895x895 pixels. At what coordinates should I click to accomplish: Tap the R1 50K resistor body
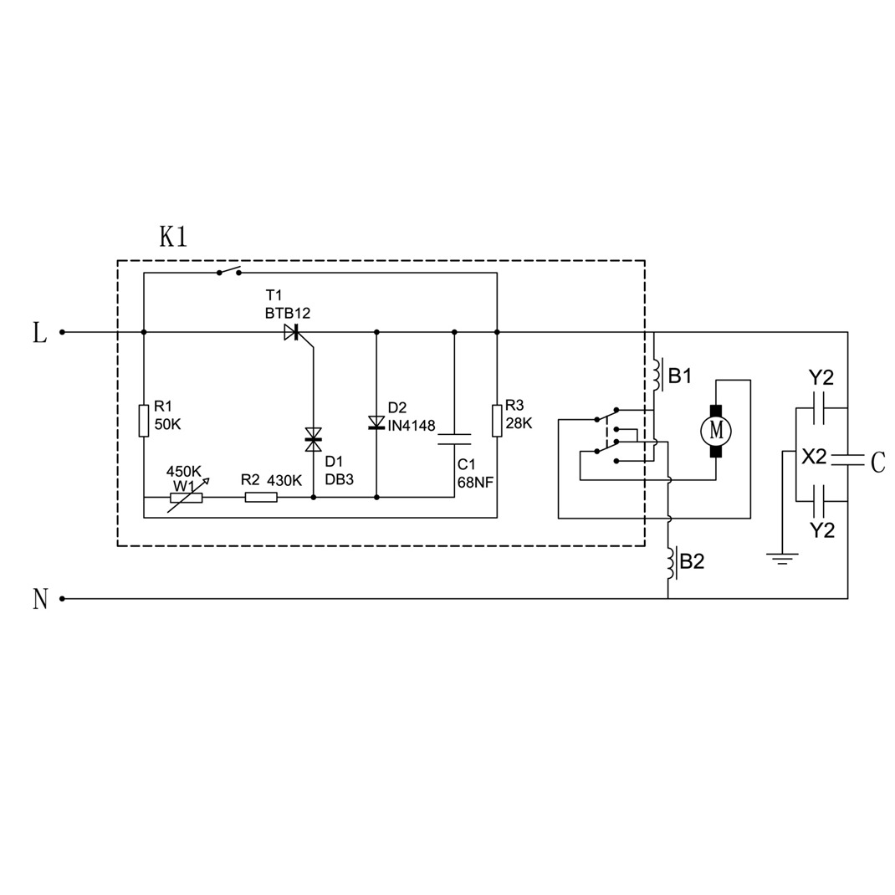coord(144,420)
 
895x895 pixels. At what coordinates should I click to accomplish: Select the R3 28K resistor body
coord(497,420)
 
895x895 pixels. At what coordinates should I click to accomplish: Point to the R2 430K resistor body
coord(261,497)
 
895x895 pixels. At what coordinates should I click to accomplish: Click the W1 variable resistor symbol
coord(187,497)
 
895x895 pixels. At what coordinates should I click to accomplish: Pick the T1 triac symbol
coord(292,332)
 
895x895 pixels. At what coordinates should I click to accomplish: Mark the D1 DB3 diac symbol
coord(314,439)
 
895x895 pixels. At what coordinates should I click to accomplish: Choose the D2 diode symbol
coord(376,423)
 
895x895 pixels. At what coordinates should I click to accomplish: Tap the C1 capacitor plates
coord(454,439)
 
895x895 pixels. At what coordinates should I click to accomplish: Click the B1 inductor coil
coord(657,375)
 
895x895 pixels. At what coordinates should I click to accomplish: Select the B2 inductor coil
coord(670,562)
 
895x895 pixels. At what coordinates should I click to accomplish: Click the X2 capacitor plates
coord(847,459)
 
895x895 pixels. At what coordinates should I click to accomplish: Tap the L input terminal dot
coord(62,332)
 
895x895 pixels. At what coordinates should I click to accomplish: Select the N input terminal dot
coord(62,599)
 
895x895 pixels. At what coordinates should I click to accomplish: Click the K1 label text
coord(172,237)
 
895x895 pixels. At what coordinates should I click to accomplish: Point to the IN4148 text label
coord(412,426)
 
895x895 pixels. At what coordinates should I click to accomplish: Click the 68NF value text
coord(475,483)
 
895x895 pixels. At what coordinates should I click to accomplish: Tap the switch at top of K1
coord(229,271)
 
